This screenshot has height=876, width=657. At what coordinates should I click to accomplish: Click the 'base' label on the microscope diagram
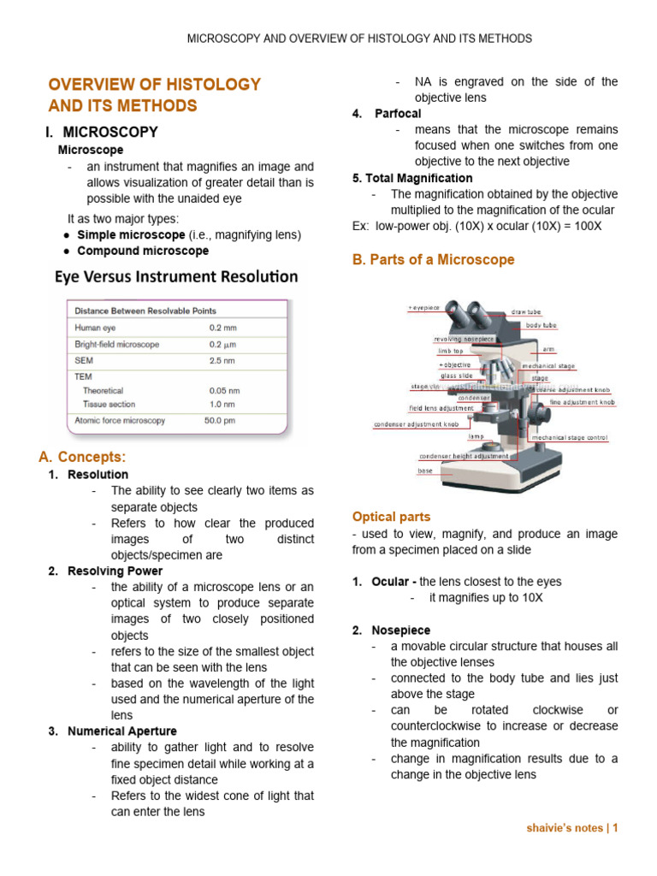[425, 471]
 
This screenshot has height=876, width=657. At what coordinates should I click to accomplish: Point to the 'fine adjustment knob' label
[582, 402]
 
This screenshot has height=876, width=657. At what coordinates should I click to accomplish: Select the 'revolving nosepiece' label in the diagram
[465, 339]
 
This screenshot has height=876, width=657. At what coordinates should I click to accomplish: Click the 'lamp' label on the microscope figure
[476, 436]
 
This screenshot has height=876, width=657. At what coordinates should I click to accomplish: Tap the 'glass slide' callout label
[456, 376]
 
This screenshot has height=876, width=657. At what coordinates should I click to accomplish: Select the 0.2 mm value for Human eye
[224, 328]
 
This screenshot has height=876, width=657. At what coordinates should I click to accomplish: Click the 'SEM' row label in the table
[84, 360]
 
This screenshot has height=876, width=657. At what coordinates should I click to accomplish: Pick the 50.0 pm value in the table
[221, 421]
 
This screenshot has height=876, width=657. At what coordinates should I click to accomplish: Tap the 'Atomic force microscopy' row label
[120, 421]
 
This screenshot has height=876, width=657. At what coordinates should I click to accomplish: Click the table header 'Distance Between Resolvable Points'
[145, 311]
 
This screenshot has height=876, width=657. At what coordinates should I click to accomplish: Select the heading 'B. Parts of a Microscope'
[433, 259]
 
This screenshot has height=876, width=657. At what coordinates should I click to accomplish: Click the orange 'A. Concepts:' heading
[88, 457]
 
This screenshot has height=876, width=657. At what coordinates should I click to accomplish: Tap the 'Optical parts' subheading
[391, 517]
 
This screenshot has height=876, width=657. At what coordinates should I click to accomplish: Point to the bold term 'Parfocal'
[398, 114]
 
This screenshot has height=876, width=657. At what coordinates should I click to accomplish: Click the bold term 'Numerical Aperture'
[122, 731]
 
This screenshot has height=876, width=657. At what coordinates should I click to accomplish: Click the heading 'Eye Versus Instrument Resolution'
[176, 276]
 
